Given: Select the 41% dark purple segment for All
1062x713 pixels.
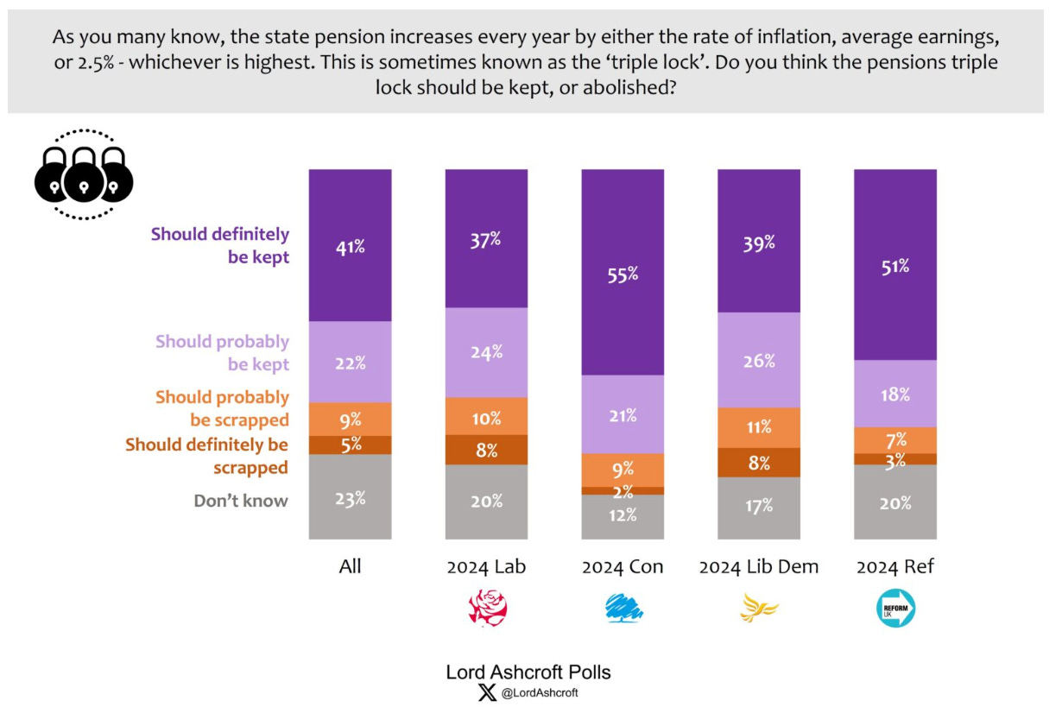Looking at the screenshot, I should pos(350,246).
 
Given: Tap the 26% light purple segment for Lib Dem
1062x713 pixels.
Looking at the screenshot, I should pos(758,360).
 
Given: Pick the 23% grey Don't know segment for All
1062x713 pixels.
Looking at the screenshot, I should pos(350,497).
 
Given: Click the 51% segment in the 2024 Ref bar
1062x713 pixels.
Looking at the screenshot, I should pos(894,265).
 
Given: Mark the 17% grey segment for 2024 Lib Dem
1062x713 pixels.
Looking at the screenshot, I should pos(758,508).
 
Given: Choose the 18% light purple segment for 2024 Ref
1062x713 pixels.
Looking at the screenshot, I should pos(894,394).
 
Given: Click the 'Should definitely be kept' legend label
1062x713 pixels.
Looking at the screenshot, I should pos(220,245).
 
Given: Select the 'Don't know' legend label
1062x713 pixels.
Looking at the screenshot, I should pos(241,501).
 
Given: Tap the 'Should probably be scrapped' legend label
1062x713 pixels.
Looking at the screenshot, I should pos(222,408).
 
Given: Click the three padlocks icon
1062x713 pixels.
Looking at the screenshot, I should pos(84,175).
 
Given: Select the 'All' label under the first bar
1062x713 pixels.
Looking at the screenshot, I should pos(350,567).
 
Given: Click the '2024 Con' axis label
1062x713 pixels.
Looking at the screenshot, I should pos(623,567).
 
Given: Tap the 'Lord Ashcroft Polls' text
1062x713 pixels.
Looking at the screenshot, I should pos(528,672).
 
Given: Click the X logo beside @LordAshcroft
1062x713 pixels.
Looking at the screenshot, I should pos(487,692).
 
